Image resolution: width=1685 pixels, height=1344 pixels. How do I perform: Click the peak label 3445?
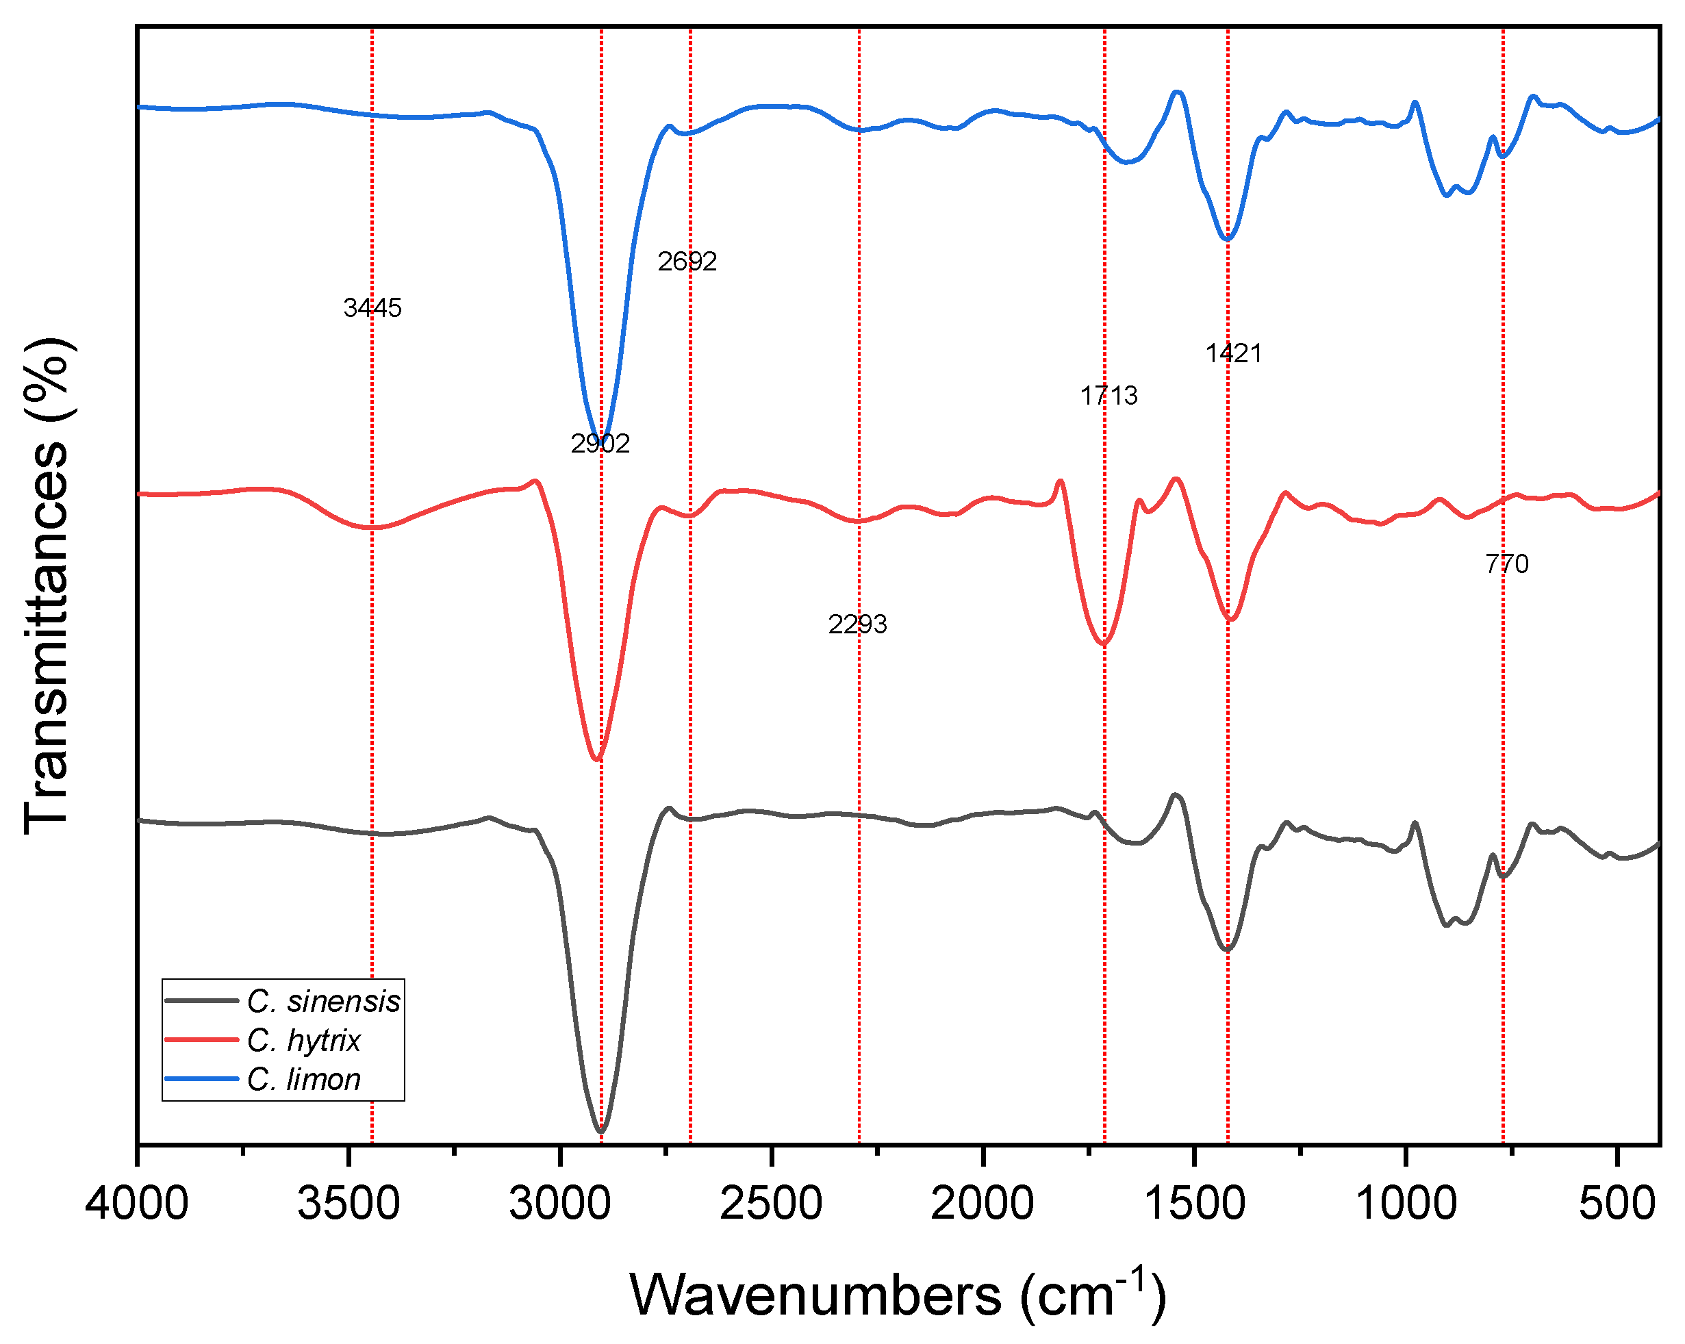(372, 308)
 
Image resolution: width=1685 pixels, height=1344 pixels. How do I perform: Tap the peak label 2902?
(600, 444)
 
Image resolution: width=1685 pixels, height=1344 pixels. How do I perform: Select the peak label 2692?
(687, 261)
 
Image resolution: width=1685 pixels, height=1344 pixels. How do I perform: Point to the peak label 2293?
(857, 624)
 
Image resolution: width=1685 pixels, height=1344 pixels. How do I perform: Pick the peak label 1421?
(1233, 353)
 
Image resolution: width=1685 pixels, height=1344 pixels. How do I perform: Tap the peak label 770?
(1507, 563)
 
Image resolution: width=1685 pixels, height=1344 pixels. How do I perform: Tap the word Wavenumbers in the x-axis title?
(815, 1295)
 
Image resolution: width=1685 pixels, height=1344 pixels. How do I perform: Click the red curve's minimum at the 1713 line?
(1104, 644)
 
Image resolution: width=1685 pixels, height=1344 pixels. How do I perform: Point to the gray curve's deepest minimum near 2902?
(600, 1130)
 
